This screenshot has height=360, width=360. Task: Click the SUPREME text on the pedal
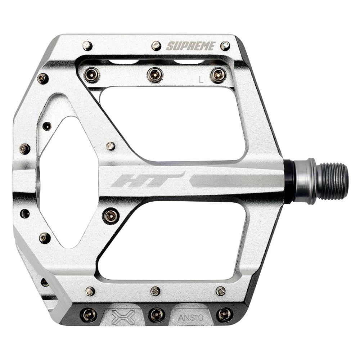191,46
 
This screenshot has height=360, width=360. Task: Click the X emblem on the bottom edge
123,317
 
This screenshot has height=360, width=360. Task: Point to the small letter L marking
201,80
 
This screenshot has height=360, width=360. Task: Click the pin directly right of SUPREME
225,46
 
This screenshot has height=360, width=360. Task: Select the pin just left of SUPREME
156,46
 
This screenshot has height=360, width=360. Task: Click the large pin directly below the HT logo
111,216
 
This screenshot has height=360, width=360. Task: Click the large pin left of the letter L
155,75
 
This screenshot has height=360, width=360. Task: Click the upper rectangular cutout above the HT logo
173,122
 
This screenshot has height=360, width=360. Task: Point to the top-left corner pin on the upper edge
87,46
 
